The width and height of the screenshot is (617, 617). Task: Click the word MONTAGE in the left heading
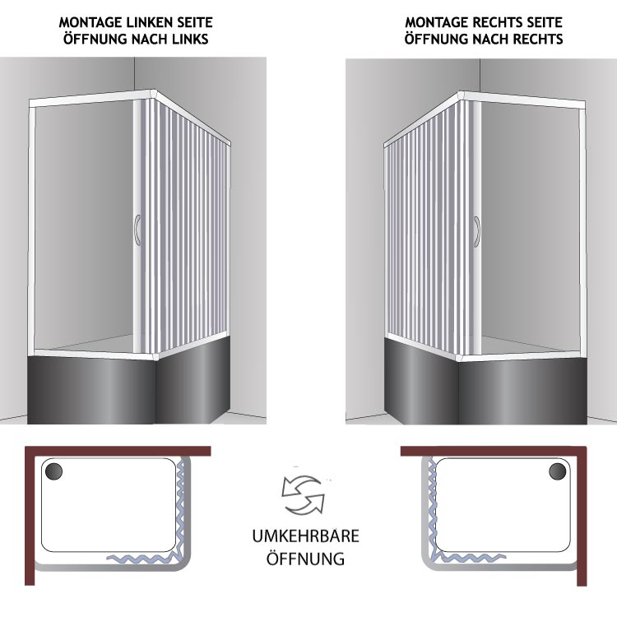(x=90, y=22)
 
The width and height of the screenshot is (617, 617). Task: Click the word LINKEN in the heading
(x=148, y=22)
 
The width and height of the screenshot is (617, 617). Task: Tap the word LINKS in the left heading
(x=190, y=39)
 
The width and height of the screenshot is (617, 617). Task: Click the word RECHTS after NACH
(x=536, y=39)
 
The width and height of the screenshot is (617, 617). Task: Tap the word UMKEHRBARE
(x=306, y=536)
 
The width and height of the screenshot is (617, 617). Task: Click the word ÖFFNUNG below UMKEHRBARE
(x=306, y=558)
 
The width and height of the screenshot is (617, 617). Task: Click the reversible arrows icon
(x=304, y=495)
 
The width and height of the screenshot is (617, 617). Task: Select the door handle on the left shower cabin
(x=137, y=230)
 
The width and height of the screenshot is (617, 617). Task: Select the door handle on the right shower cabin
(x=477, y=232)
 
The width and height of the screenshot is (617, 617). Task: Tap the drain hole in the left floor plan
(x=54, y=471)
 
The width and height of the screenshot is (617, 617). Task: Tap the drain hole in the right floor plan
(x=558, y=471)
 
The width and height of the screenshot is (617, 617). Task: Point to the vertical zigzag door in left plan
(x=180, y=508)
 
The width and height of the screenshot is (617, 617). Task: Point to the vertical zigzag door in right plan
(x=433, y=508)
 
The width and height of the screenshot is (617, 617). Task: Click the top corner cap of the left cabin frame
(x=153, y=95)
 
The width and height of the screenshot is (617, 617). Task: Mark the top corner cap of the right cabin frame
(x=461, y=96)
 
